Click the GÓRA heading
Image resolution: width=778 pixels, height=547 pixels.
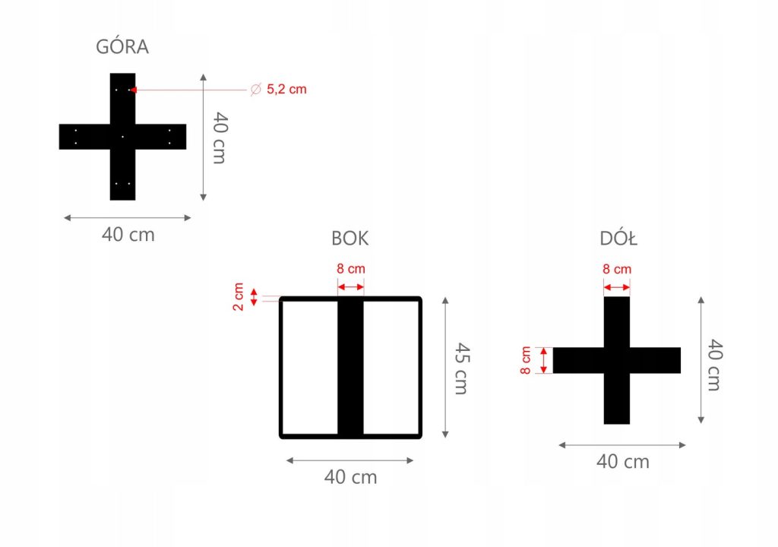122,46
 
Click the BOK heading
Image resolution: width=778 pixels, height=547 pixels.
350,239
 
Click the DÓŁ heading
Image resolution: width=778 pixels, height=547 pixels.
618,239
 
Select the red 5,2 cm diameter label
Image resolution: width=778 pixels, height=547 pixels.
286,90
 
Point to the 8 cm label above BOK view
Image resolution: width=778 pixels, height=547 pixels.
350,269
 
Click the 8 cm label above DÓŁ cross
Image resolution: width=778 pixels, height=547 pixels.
617,269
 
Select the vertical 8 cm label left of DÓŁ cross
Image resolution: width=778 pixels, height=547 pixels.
527,360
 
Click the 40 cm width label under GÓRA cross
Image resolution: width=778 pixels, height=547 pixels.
128,235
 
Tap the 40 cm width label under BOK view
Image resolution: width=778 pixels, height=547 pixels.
350,477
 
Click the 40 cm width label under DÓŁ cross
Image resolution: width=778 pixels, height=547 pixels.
622,461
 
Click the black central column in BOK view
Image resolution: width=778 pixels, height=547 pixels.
350,368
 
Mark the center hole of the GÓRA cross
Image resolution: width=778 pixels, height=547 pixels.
122,137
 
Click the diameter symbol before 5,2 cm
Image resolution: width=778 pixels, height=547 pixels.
255,90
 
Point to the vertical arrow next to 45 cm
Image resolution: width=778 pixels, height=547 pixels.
445,368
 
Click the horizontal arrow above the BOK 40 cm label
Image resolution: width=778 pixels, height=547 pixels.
350,460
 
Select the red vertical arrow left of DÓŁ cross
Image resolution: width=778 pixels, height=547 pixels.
543,360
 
